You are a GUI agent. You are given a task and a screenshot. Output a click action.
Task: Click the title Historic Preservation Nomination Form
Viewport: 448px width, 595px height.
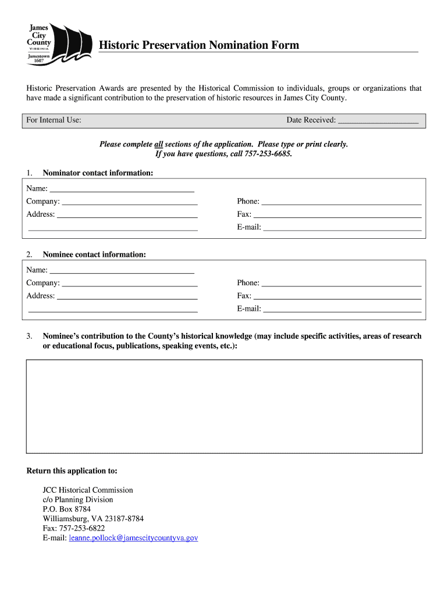point(198,45)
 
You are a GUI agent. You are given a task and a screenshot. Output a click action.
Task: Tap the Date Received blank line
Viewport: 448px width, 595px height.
point(378,121)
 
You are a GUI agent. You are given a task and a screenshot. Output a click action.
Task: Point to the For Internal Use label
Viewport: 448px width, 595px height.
point(54,120)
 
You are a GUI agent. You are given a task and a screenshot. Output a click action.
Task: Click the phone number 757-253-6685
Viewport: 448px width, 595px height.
point(267,154)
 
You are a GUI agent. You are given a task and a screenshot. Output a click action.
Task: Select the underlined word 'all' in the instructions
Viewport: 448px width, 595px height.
point(158,144)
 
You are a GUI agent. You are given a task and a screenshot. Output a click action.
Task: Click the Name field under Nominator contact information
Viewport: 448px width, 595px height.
point(122,189)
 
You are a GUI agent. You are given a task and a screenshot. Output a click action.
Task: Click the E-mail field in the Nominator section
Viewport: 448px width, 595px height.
point(342,227)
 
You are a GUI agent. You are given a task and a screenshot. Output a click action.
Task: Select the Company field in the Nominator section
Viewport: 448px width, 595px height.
point(129,202)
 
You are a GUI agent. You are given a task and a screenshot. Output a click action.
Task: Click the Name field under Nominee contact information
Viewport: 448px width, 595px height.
point(122,270)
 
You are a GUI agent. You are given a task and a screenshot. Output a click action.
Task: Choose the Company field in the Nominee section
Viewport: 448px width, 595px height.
point(129,283)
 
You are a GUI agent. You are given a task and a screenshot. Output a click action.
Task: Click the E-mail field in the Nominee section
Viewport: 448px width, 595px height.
point(342,309)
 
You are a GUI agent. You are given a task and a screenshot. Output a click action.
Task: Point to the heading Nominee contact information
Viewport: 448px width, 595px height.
point(94,255)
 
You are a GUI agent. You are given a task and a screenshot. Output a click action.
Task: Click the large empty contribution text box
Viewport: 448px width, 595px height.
point(224,406)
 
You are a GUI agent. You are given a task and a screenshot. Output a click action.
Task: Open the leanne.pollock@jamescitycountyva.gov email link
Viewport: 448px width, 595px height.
point(133,538)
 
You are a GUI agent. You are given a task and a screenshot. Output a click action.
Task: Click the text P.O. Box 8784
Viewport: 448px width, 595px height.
point(66,509)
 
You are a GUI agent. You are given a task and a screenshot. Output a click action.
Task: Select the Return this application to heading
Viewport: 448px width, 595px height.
point(72,471)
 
